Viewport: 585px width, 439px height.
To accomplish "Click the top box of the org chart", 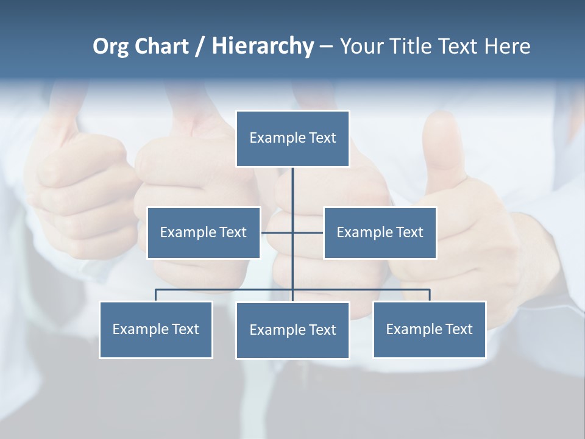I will pyautogui.click(x=292, y=138).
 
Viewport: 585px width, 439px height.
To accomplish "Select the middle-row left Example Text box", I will pyautogui.click(x=204, y=232).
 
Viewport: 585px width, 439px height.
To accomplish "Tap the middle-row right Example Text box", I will pyautogui.click(x=380, y=232).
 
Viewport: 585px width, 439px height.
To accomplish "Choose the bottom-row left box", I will pyautogui.click(x=156, y=329).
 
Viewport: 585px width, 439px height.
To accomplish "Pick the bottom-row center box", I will pyautogui.click(x=292, y=330).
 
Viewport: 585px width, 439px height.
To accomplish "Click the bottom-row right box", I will pyautogui.click(x=429, y=329).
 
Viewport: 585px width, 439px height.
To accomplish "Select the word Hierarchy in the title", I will pyautogui.click(x=262, y=46).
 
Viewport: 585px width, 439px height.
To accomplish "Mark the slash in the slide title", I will pyautogui.click(x=200, y=46).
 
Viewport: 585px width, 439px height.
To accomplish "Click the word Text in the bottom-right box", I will pyautogui.click(x=458, y=329).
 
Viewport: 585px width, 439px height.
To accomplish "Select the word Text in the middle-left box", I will pyautogui.click(x=233, y=232).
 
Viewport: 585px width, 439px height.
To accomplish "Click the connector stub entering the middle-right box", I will pyautogui.click(x=308, y=232).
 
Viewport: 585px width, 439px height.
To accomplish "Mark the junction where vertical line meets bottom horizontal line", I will pyautogui.click(x=292, y=290).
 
